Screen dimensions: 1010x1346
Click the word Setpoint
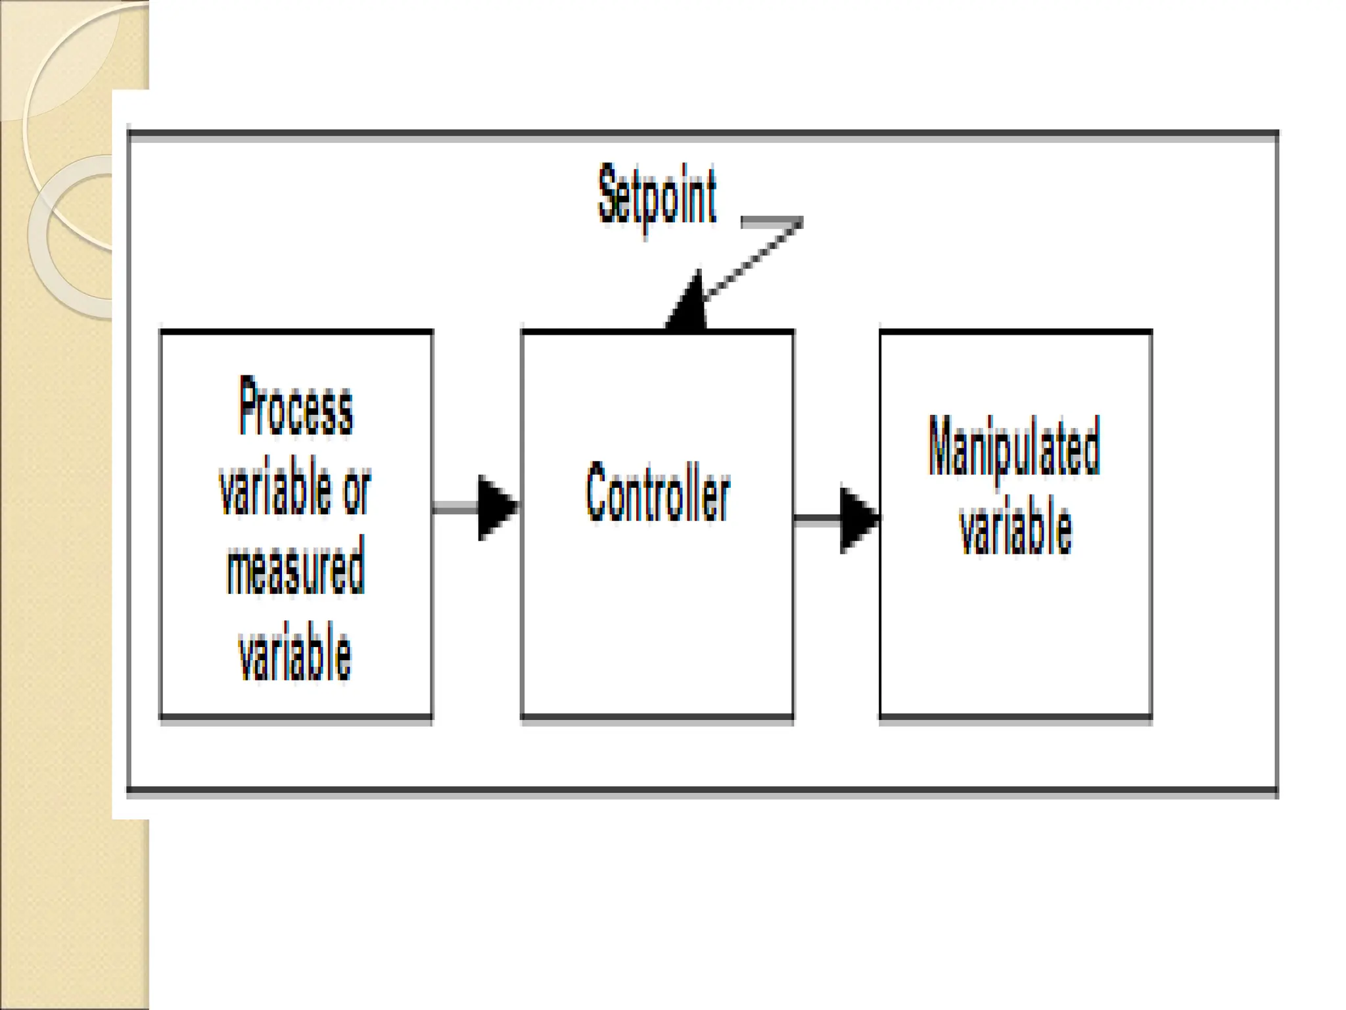(x=657, y=196)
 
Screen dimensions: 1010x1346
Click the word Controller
(x=658, y=492)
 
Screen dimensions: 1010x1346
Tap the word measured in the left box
(x=295, y=567)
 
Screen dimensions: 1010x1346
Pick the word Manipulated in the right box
(x=1014, y=447)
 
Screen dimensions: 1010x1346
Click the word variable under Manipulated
(x=1015, y=526)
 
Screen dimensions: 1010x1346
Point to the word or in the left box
(x=357, y=490)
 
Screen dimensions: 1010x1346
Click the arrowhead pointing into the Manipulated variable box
(x=857, y=519)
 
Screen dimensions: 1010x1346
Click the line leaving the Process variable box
(x=455, y=507)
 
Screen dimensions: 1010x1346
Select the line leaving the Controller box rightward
(x=816, y=519)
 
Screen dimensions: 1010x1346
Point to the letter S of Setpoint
(x=608, y=194)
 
